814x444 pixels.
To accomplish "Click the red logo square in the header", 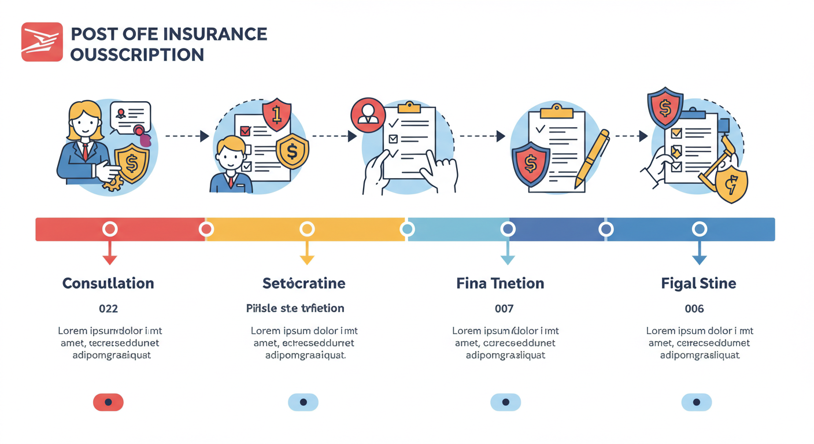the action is point(42,42).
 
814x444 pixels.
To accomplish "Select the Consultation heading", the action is point(108,283).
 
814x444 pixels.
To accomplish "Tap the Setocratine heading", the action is point(304,283).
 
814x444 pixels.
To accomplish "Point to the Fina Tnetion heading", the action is point(500,283).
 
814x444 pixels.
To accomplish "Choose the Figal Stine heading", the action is point(698,283).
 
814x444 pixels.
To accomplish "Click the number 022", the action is point(108,309).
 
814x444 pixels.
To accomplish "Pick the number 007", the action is point(504,309).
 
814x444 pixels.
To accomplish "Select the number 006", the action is point(694,309).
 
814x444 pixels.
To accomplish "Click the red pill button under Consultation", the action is point(108,402).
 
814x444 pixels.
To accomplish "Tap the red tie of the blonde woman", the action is point(86,151).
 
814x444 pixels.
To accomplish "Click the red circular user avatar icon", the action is point(368,114).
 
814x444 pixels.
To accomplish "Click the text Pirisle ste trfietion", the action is point(295,308).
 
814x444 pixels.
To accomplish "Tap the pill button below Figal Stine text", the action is point(696,402).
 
